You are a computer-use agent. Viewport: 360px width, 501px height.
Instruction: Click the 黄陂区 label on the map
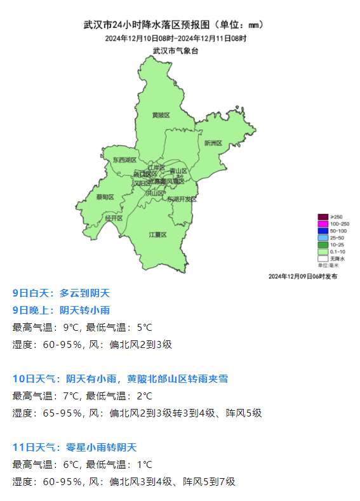(161, 115)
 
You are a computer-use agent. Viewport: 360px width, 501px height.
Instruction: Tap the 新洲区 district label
(213, 143)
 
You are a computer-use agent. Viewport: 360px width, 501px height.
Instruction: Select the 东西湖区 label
(125, 160)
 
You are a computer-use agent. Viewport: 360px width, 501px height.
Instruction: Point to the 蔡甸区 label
(105, 197)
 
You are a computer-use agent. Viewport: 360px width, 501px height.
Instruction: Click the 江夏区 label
(157, 234)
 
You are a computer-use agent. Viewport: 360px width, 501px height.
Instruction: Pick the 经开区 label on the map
(114, 218)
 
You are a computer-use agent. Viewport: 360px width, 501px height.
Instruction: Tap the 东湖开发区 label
(182, 199)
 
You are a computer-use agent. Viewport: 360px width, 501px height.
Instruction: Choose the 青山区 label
(178, 171)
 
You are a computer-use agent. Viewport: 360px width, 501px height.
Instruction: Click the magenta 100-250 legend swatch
(323, 224)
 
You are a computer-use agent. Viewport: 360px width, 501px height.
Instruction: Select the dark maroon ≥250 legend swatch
(323, 217)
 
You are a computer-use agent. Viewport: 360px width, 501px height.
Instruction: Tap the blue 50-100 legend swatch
(323, 231)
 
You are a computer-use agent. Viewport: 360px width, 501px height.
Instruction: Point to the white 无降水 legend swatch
(323, 259)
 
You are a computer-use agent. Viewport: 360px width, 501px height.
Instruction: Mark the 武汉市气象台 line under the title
(176, 50)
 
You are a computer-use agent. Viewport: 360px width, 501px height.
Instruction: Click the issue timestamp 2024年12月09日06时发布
(303, 276)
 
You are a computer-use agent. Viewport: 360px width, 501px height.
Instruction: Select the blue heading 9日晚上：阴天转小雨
(61, 311)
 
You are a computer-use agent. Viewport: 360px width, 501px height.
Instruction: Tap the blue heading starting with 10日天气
(120, 379)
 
